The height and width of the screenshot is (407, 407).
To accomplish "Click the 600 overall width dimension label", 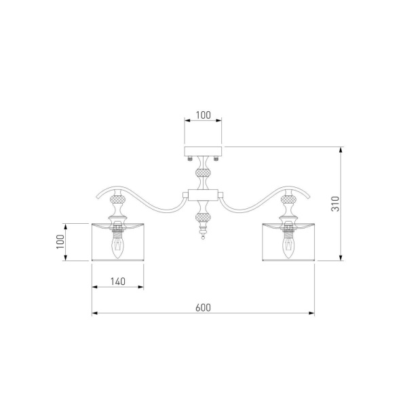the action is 203,307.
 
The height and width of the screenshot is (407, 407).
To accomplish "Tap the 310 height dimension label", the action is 335,203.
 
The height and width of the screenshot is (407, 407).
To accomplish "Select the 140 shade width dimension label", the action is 118,282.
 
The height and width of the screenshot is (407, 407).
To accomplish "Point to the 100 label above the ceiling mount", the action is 203,115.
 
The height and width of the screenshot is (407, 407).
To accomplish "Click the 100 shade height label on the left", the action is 60,241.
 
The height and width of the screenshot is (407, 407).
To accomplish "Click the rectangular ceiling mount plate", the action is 203,151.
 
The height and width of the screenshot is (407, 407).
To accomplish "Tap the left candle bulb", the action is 118,248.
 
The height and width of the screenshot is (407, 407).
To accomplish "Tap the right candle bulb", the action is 288,248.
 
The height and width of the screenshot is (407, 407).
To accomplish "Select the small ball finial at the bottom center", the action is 203,237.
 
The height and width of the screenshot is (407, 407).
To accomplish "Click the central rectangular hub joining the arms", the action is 203,195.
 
